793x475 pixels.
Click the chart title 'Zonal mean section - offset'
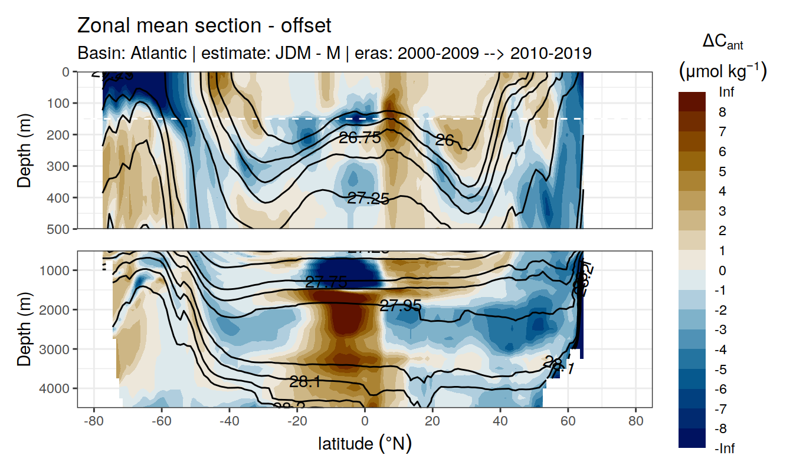point(204,26)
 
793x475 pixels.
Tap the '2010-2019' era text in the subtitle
point(550,53)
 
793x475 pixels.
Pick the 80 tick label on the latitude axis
point(635,422)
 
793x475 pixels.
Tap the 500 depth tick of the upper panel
point(59,228)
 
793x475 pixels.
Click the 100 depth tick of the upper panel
point(59,103)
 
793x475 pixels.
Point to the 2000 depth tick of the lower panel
point(57,309)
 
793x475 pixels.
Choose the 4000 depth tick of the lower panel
point(57,388)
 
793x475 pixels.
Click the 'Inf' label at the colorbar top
point(727,92)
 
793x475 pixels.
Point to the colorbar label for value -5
point(723,370)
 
